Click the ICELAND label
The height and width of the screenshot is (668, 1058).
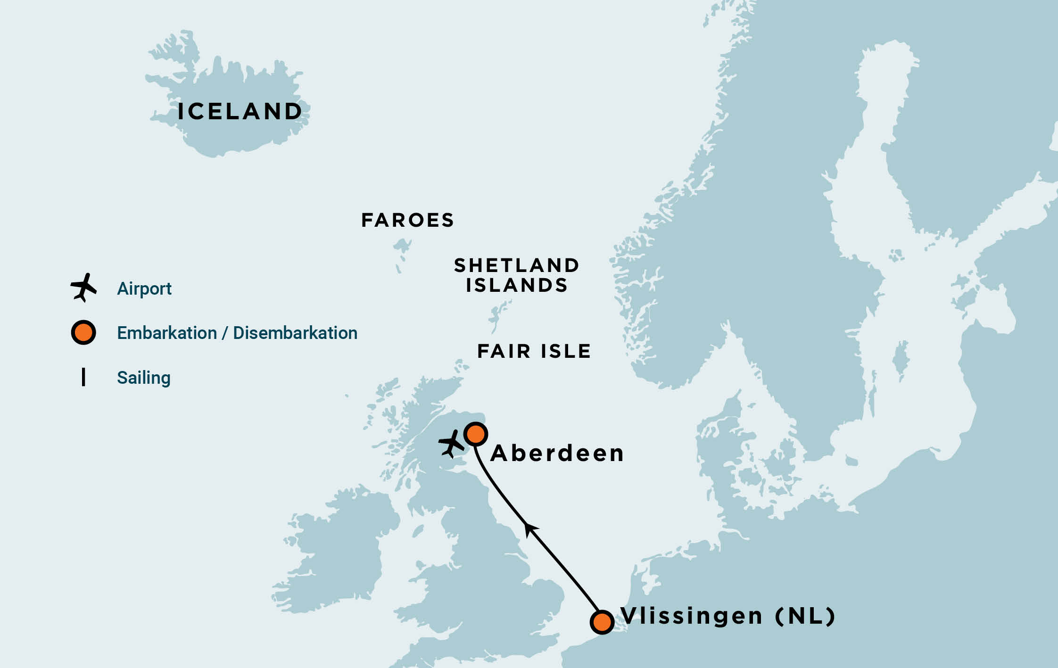point(240,112)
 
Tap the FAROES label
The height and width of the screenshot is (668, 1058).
point(407,221)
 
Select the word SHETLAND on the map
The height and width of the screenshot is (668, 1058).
point(516,265)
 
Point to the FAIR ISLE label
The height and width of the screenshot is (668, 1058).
point(534,351)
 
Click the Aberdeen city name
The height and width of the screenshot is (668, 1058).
point(557,454)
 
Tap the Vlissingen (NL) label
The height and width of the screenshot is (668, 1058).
point(727,616)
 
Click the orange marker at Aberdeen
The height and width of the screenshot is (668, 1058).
point(475,434)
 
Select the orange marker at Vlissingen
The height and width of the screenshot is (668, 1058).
point(602,622)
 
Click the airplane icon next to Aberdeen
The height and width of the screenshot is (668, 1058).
point(451,444)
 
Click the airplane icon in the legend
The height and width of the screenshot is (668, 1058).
point(83,287)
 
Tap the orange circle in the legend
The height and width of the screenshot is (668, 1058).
point(83,333)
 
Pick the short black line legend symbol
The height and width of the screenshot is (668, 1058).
point(83,377)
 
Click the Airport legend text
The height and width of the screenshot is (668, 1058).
point(144,289)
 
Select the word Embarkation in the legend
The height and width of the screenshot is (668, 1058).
point(166,333)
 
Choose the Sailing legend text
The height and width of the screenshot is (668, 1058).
point(143,378)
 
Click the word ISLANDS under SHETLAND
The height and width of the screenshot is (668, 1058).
point(517,286)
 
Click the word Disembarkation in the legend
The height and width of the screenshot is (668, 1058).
point(295,333)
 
